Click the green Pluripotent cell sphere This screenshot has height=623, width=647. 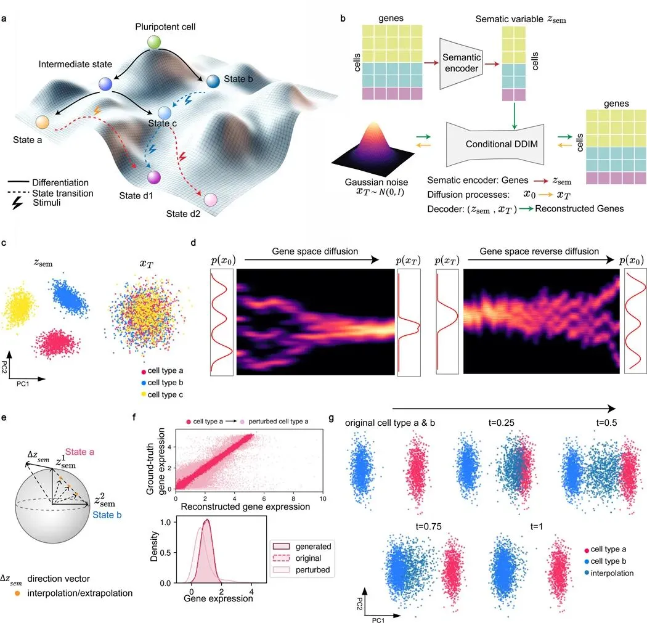pos(154,42)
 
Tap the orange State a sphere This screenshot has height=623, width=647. pos(42,122)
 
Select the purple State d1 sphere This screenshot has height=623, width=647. pos(153,177)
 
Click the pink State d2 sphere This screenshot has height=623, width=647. pos(211,200)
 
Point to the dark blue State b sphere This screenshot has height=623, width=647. pos(213,81)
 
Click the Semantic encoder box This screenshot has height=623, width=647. pos(462,63)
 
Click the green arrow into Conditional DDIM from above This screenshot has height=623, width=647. pos(514,116)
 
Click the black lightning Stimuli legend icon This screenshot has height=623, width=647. pos(17,203)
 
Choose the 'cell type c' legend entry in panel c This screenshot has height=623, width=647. pos(161,394)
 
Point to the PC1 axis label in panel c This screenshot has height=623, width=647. pos(23,384)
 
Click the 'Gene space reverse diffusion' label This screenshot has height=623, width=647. pos(539,251)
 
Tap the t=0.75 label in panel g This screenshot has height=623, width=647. pos(429,526)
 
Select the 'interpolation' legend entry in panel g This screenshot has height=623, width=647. pos(609,573)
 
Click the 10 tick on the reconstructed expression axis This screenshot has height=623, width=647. pos(323,499)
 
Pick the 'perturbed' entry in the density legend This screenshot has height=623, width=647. pos(302,570)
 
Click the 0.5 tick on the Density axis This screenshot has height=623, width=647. pos(166,553)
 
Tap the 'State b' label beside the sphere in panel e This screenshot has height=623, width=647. pos(107,515)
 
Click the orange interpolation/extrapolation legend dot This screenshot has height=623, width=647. pos(17,593)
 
